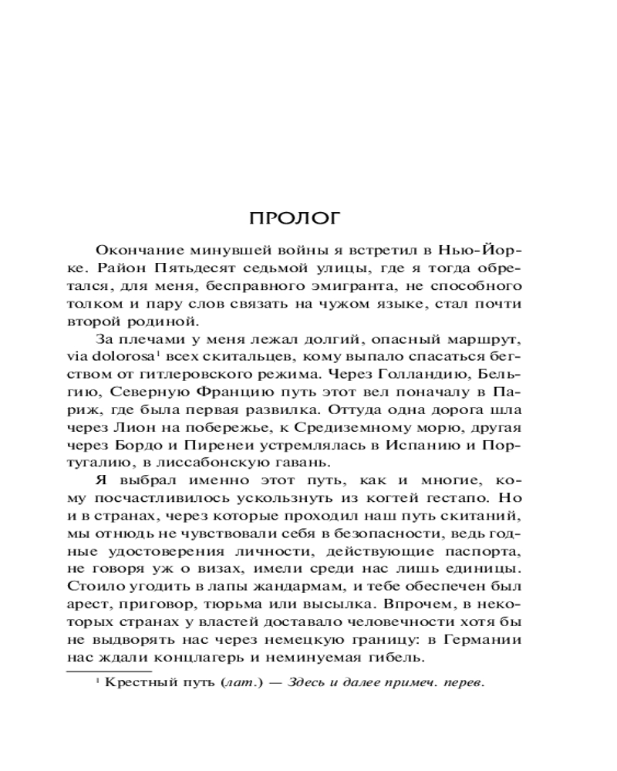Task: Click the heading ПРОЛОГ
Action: click(x=294, y=218)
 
